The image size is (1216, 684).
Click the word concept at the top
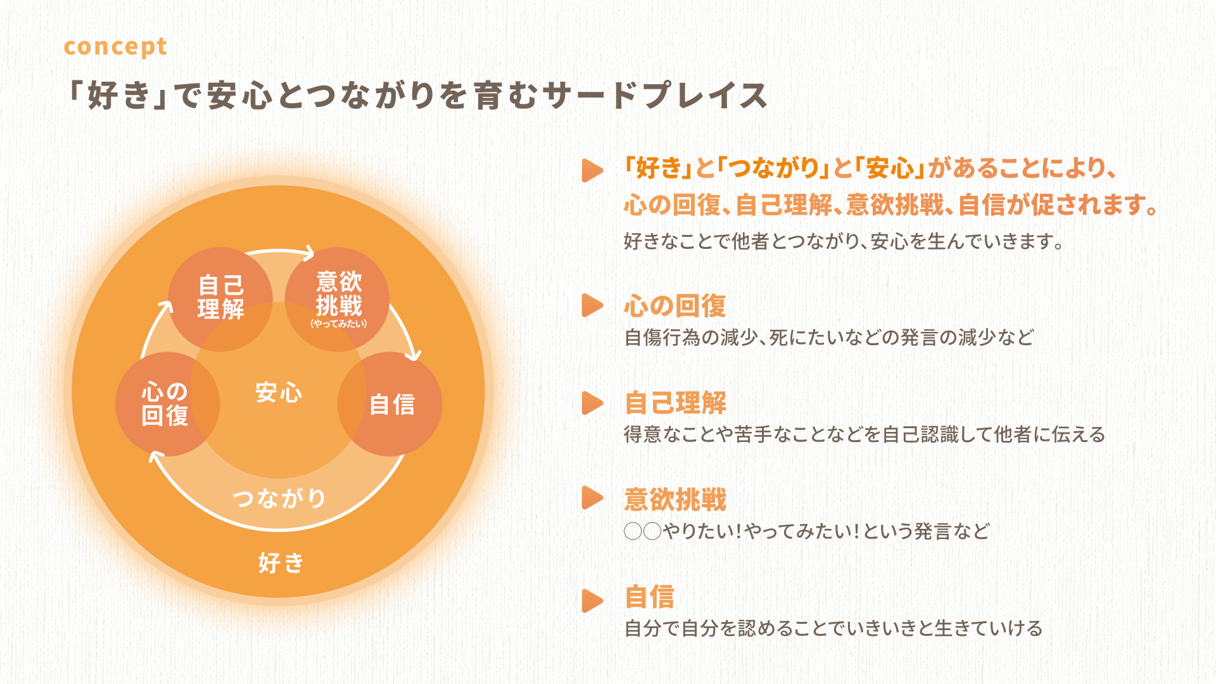[115, 47]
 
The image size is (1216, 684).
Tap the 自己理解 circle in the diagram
[220, 299]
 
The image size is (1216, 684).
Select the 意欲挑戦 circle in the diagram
[338, 299]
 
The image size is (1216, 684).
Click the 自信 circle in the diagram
[390, 404]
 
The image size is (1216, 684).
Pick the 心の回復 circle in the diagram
[168, 404]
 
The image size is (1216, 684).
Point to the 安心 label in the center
[279, 393]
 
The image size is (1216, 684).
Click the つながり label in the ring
[279, 498]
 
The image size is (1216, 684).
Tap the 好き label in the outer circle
[281, 562]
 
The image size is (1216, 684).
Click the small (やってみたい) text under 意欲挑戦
[338, 324]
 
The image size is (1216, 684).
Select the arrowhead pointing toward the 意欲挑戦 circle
[308, 253]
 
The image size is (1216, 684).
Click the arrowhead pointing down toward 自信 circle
[413, 353]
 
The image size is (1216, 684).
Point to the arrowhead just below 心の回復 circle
[156, 456]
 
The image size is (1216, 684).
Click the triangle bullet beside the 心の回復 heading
[592, 305]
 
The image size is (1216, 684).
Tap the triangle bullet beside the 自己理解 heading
[592, 403]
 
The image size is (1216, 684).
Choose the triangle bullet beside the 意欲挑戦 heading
[592, 498]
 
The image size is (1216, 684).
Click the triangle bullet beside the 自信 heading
[592, 600]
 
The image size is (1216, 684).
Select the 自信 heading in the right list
[649, 597]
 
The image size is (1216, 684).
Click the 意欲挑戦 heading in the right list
[675, 500]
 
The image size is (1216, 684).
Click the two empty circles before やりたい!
[643, 531]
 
